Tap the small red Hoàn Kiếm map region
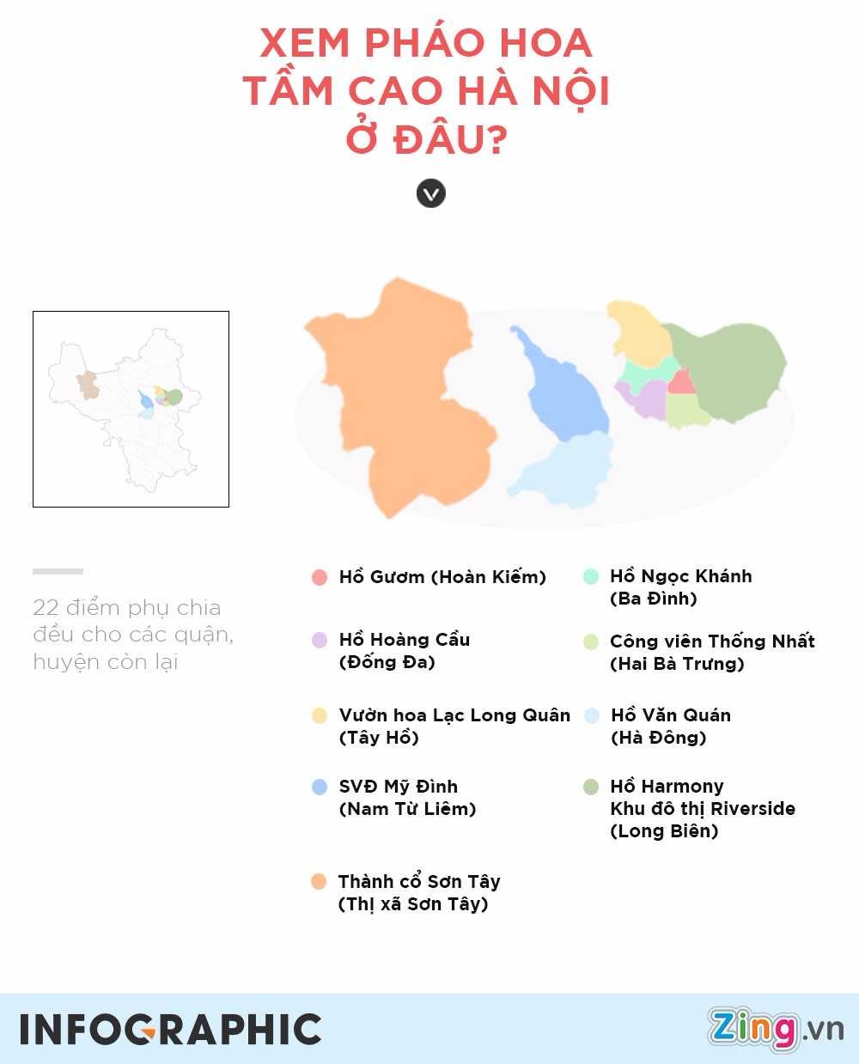coord(681,382)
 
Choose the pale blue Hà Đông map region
coord(567,472)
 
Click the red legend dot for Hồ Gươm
coord(320,577)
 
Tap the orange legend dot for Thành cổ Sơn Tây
coord(319,882)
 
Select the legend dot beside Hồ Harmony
coord(590,787)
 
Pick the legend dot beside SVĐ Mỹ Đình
coord(320,787)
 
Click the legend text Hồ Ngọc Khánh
coord(680,576)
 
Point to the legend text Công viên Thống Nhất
coord(712,641)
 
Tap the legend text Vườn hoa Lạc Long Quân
coord(454,715)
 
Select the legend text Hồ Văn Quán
coord(670,715)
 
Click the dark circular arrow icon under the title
coord(431,193)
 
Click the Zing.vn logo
coord(775,1029)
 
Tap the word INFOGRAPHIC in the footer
coord(171,1030)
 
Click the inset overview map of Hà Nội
coord(131,409)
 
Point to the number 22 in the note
coord(46,608)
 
